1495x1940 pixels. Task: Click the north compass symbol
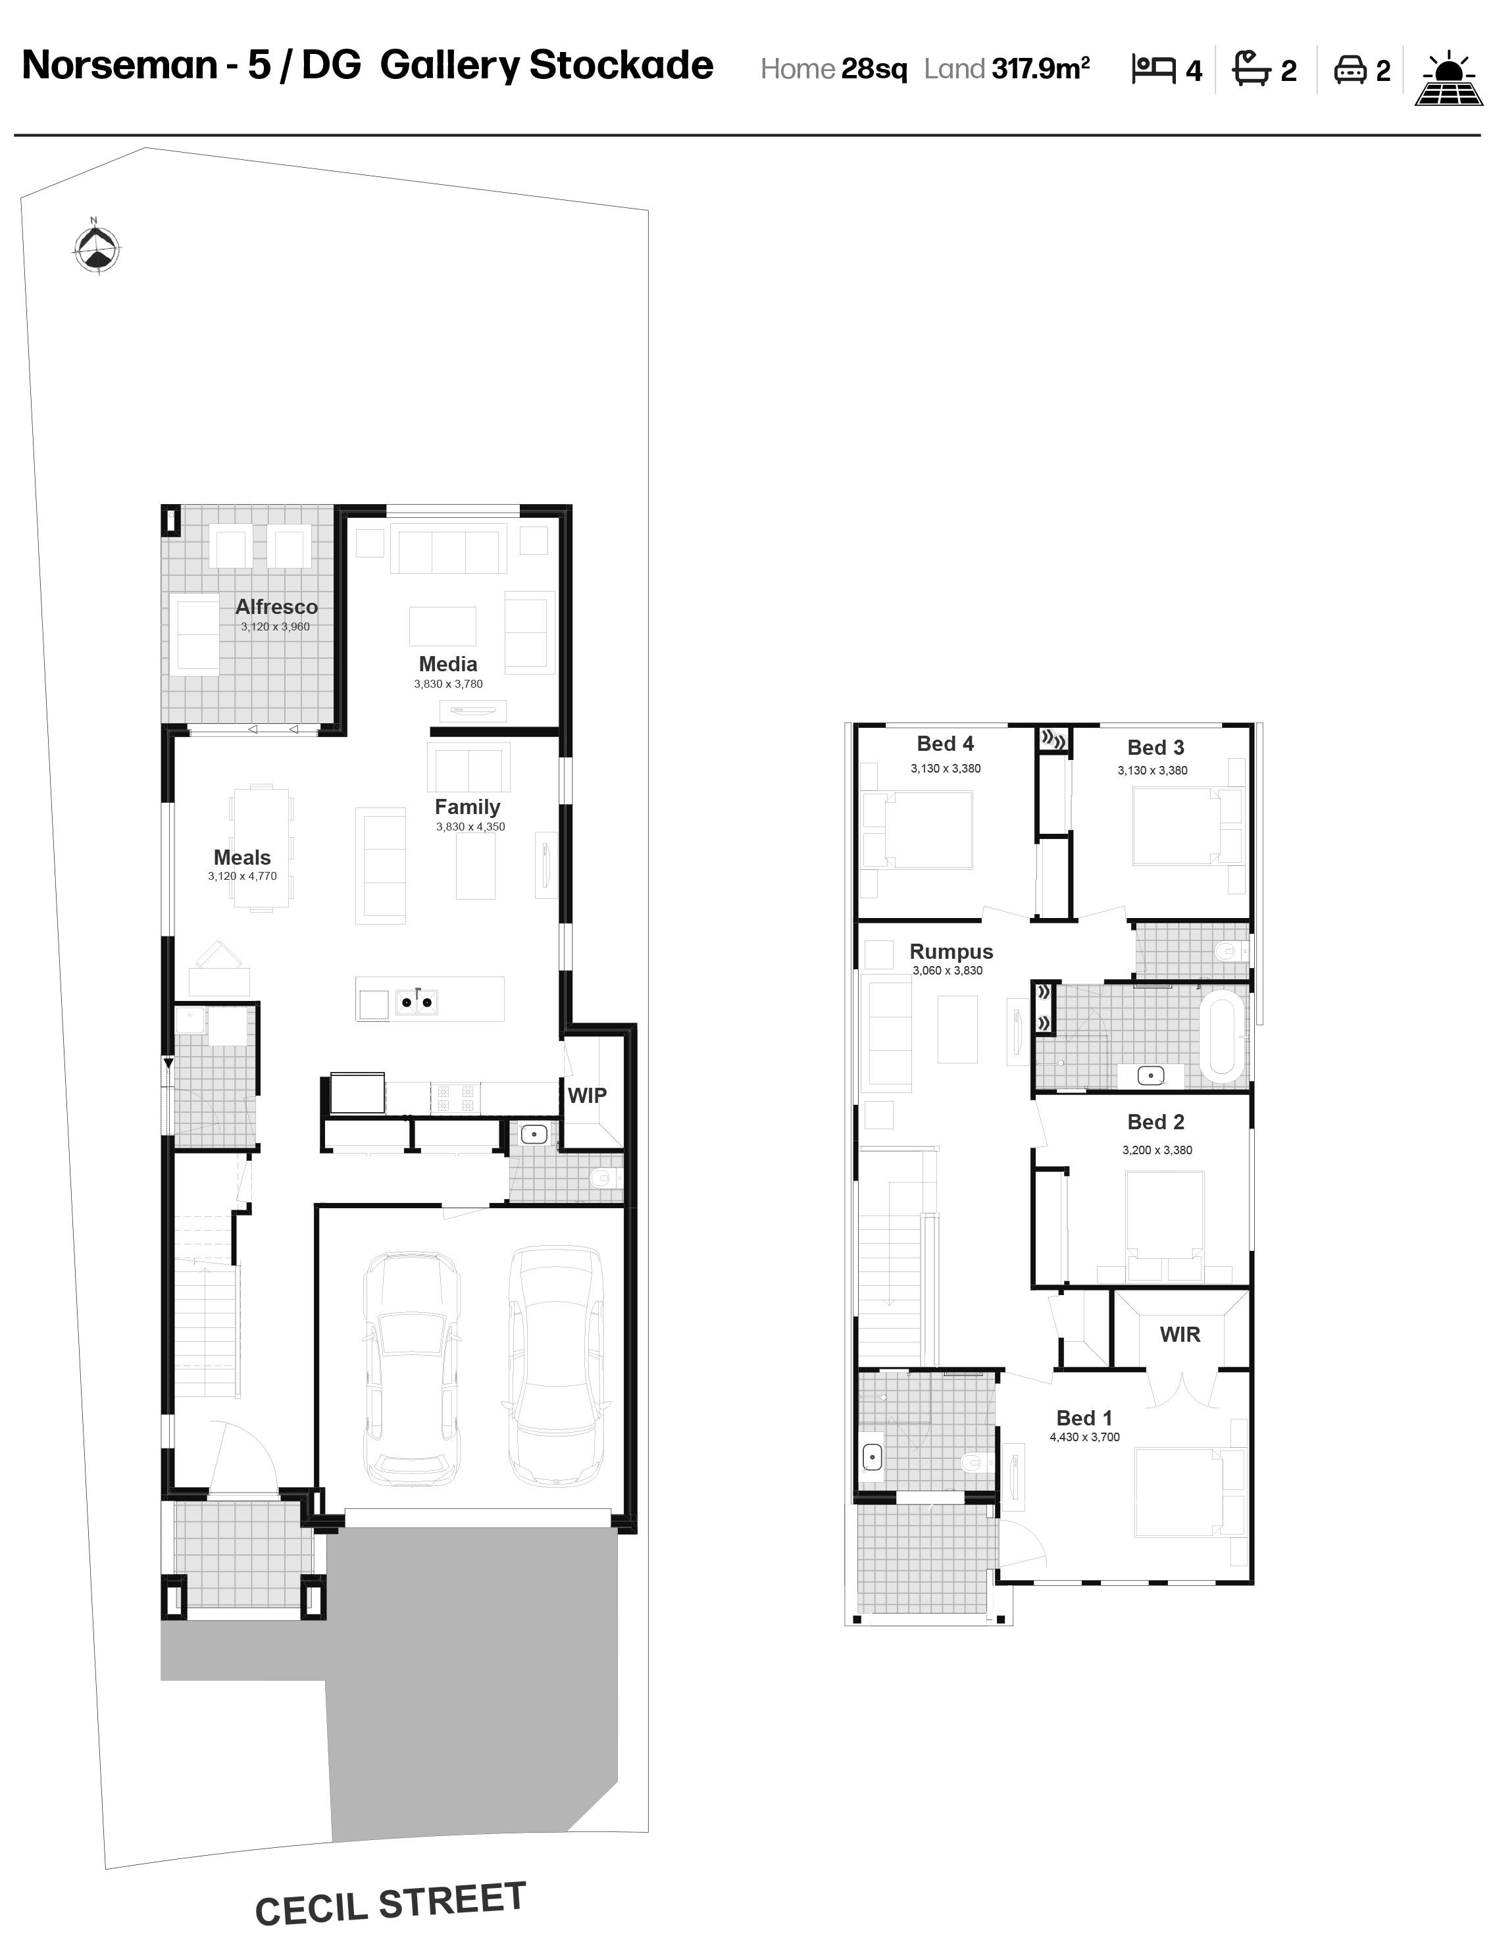click(95, 247)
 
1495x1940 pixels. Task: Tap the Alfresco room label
click(276, 607)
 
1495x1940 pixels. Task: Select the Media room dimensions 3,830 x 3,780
click(449, 684)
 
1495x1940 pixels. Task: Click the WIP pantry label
click(587, 1095)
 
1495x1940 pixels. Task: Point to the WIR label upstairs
click(1180, 1334)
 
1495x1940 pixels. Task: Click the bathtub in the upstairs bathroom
click(1223, 1036)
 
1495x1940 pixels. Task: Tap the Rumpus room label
click(951, 952)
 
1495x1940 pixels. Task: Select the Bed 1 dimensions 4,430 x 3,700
click(1084, 1437)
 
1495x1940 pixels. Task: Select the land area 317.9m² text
click(1041, 68)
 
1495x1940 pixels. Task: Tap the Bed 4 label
click(945, 744)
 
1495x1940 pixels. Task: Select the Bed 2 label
click(1155, 1122)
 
